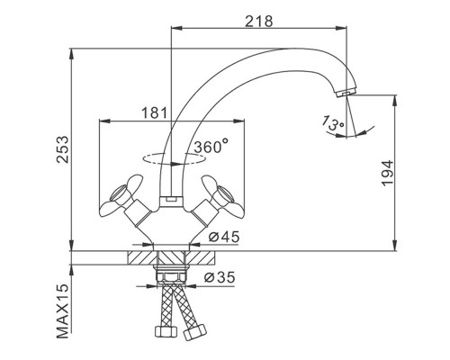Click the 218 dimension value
tap(259, 22)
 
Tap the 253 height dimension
tap(63, 149)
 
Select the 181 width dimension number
tap(154, 113)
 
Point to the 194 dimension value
tap(387, 173)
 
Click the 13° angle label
tap(332, 123)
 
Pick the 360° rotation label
tap(211, 146)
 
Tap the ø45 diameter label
tap(224, 237)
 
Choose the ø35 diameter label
tap(220, 277)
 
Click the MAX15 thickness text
tap(63, 311)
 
